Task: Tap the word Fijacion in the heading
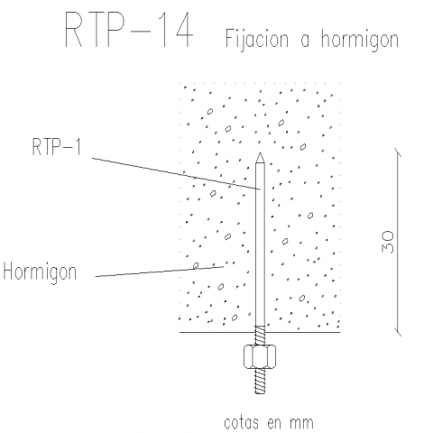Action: click(256, 39)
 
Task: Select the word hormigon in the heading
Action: click(360, 40)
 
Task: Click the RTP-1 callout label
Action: click(57, 146)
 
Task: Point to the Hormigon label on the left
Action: click(40, 272)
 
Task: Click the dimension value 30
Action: click(388, 242)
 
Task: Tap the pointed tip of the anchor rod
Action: click(260, 152)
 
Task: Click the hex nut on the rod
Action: click(260, 356)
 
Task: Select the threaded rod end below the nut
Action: click(260, 382)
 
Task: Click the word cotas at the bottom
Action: click(241, 422)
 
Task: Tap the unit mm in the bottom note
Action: click(301, 423)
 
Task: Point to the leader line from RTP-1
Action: click(176, 173)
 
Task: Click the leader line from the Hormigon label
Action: click(160, 272)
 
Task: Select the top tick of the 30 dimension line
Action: click(398, 152)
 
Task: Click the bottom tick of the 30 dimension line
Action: click(398, 332)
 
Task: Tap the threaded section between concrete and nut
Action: click(260, 336)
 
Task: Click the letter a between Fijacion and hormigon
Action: click(305, 41)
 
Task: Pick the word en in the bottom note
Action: click(273, 423)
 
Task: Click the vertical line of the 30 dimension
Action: click(398, 243)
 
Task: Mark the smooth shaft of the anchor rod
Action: click(260, 244)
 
